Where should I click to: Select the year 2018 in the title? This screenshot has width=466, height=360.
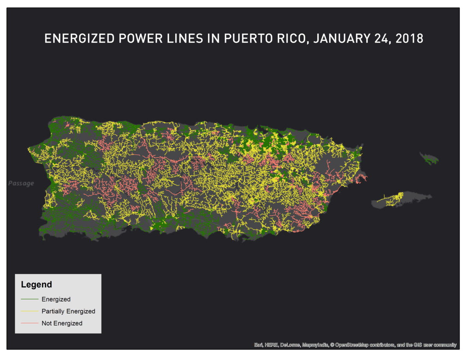tap(409, 39)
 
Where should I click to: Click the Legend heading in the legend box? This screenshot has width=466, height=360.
tap(36, 285)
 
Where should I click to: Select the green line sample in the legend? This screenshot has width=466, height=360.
tap(30, 299)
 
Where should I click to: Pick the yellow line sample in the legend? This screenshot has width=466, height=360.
tap(30, 311)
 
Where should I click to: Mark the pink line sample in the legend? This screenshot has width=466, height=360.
tap(30, 323)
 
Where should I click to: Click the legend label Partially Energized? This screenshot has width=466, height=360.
tap(68, 311)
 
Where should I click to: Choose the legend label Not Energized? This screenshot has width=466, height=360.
tap(62, 323)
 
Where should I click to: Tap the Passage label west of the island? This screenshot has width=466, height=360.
tap(21, 183)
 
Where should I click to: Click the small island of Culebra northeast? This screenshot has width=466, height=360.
tap(429, 158)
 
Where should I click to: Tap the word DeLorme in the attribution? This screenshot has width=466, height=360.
tap(290, 345)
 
